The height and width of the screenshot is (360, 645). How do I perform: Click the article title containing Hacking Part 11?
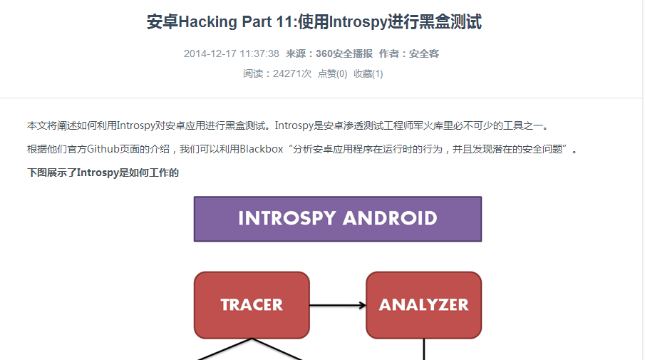[x=314, y=22]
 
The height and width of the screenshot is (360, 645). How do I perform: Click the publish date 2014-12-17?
[x=210, y=54]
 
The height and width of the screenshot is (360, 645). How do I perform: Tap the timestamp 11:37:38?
[x=259, y=54]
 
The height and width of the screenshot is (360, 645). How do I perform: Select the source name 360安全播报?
[x=344, y=54]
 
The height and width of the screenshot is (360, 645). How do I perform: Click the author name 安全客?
[x=423, y=54]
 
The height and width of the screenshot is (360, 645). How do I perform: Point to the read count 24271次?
[x=292, y=73]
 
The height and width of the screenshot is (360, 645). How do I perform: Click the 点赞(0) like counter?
[x=332, y=73]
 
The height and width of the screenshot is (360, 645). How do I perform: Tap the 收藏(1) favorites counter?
[x=368, y=73]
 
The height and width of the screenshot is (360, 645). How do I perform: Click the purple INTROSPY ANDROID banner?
[x=338, y=219]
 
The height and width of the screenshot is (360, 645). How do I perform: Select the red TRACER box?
[x=252, y=305]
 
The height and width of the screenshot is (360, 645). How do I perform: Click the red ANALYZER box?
[x=423, y=305]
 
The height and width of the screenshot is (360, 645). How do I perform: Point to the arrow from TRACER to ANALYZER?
[x=338, y=305]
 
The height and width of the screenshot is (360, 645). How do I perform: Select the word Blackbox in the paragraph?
[x=262, y=149]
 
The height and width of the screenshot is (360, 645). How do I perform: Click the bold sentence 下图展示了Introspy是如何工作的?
[x=103, y=173]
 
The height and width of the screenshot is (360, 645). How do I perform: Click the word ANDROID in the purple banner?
[x=390, y=218]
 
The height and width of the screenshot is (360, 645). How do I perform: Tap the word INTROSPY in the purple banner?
[x=287, y=218]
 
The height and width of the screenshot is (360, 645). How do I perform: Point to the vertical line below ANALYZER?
[x=423, y=349]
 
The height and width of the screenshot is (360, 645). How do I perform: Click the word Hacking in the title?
[x=208, y=22]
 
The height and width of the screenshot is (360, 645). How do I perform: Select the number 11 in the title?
[x=284, y=22]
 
